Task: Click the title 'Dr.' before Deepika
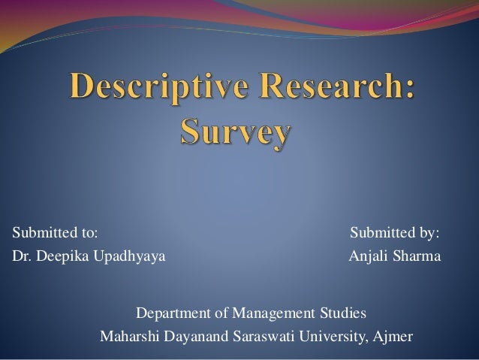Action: (22, 258)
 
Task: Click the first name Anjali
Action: (368, 258)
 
